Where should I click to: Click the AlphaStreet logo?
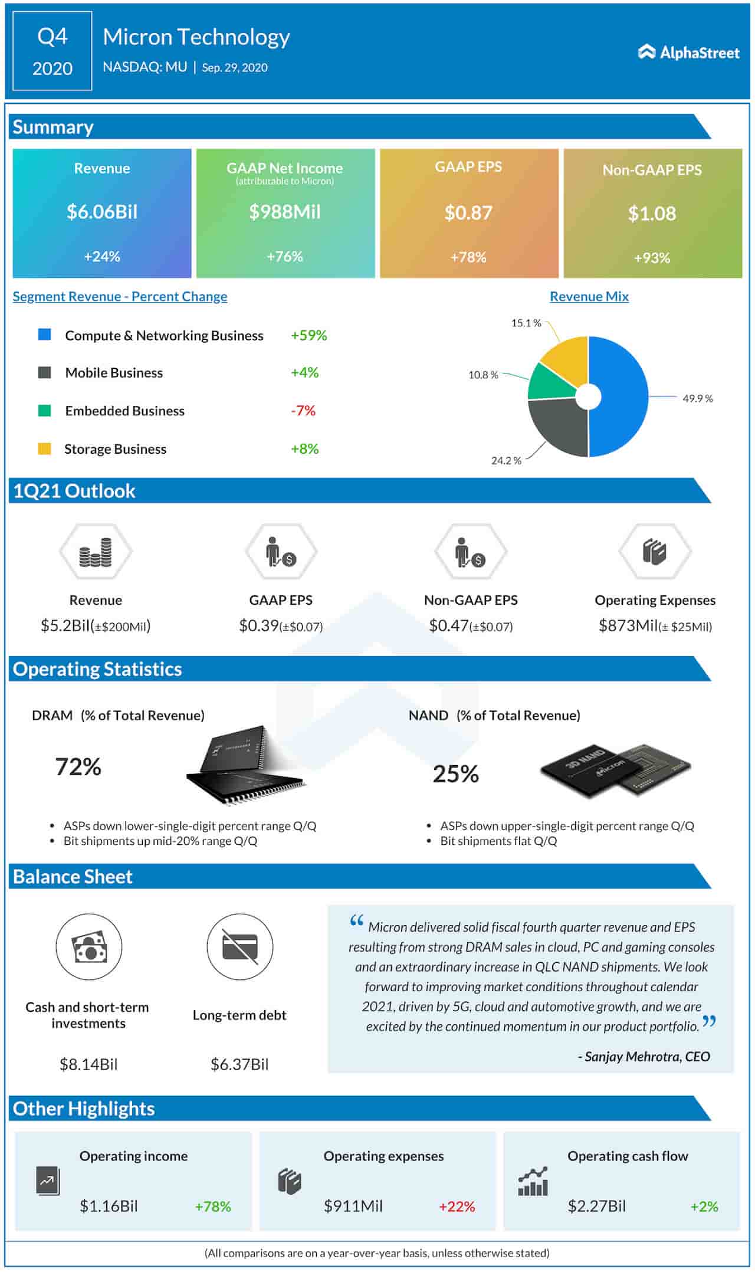point(688,53)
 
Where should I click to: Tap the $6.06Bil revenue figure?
point(102,212)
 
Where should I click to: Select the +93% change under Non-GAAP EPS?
point(652,258)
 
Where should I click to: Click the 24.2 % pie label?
point(506,461)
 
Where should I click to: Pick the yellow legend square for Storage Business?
point(44,449)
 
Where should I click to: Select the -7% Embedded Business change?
point(303,411)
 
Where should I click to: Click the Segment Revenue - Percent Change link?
point(120,297)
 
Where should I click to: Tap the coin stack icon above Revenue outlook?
point(96,552)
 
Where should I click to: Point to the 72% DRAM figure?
point(78,767)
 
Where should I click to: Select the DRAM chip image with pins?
point(245,766)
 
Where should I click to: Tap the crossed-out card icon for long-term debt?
point(239,947)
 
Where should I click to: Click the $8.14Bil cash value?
point(88,1064)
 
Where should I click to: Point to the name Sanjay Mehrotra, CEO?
point(644,1057)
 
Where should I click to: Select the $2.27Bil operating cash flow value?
point(596,1207)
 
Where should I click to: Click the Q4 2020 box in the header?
point(52,52)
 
